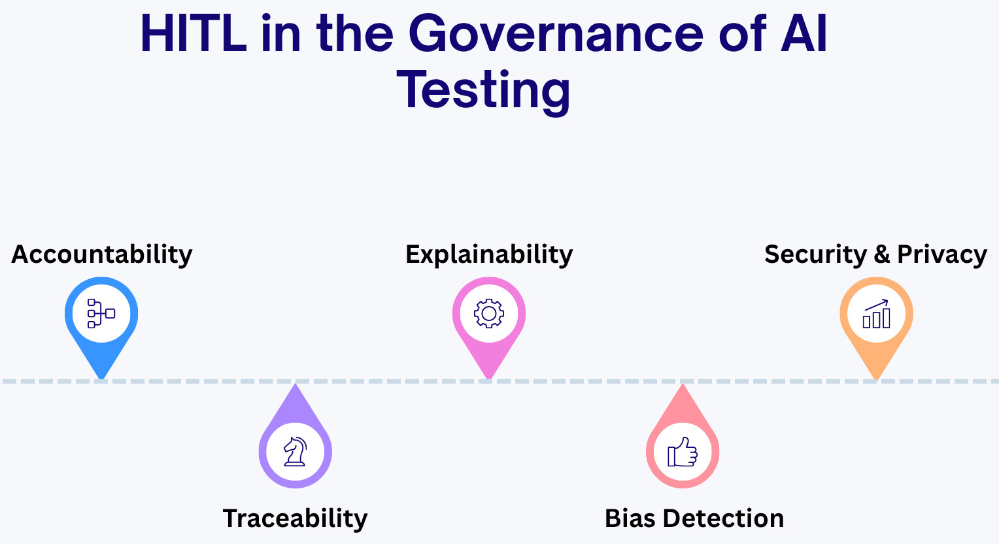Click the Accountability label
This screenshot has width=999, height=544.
point(102,255)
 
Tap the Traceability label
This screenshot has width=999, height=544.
point(296,518)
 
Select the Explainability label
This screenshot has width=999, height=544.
point(489,255)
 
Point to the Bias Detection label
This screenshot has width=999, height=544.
point(694,518)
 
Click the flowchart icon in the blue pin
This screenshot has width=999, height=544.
point(101,313)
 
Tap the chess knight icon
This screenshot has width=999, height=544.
point(296,451)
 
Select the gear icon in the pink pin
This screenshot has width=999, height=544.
point(489,313)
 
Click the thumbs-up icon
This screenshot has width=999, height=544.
point(683,452)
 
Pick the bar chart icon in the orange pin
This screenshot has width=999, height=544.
point(876,313)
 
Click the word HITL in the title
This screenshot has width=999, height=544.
point(194,35)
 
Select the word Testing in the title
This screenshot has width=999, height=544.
point(483,90)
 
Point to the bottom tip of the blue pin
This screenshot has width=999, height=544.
point(102,379)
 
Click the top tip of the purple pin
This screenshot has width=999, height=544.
point(296,384)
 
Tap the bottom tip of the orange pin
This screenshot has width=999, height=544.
point(876,379)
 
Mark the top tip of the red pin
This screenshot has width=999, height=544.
point(683,384)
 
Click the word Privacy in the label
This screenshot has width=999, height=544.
point(942,255)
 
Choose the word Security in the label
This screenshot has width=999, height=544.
point(816,255)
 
